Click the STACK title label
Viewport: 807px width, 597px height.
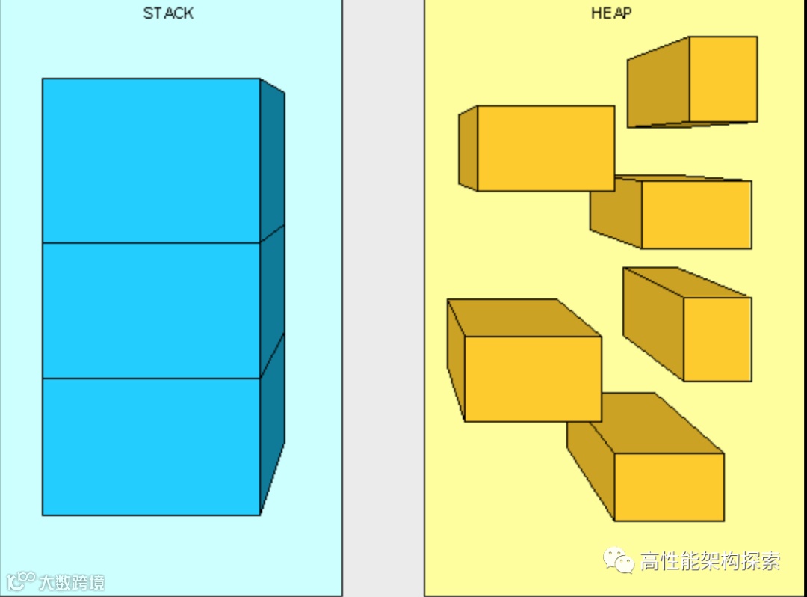[x=168, y=13]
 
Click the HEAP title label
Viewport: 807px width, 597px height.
[x=611, y=13]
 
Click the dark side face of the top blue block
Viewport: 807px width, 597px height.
[x=272, y=161]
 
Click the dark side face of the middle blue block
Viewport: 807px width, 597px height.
[x=272, y=299]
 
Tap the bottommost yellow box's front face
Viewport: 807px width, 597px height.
[x=669, y=486]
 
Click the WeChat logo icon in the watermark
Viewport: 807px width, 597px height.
[x=619, y=560]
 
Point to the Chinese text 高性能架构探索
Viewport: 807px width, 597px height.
[x=710, y=561]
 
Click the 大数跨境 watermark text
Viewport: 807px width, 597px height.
[x=72, y=582]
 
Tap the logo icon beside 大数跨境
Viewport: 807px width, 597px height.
[x=21, y=581]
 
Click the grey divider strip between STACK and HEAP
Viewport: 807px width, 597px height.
[x=383, y=299]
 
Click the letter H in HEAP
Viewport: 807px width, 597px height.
[x=596, y=13]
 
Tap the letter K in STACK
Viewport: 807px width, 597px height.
[x=188, y=13]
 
